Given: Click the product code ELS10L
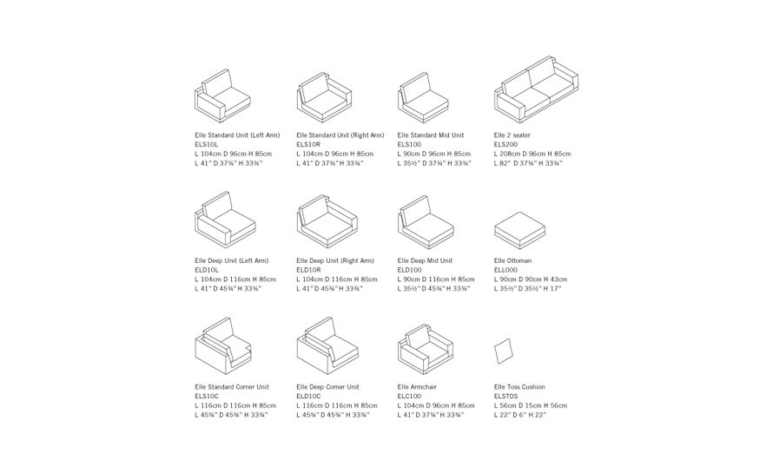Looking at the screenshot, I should click(207, 144).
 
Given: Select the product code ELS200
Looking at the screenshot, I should click(505, 144).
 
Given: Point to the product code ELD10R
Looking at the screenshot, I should click(308, 270).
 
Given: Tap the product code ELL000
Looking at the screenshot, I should click(505, 270).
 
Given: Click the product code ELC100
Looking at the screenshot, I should click(409, 396).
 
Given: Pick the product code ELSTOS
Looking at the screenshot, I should click(505, 396).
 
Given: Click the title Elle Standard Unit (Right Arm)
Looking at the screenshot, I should click(340, 135).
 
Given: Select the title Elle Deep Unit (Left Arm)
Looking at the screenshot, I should click(231, 260).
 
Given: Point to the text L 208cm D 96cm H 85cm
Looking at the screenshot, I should click(532, 154).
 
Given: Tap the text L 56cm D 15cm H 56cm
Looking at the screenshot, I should click(530, 405).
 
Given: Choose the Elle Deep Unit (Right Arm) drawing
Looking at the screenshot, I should click(323, 223).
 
